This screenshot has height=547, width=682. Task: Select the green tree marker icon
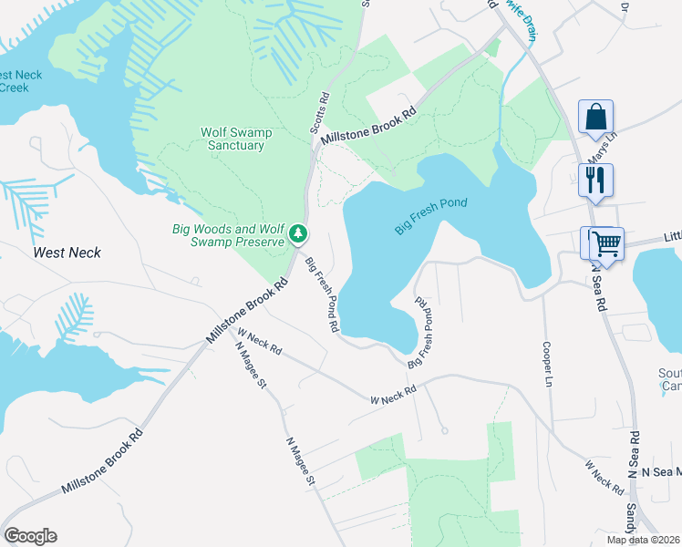coord(298,235)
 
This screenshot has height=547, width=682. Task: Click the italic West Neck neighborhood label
coord(67,253)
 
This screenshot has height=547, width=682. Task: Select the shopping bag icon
coord(595,118)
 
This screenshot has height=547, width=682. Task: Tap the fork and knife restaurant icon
coord(595,181)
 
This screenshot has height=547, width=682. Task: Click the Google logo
coord(30,536)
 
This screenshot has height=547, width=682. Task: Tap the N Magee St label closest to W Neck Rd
coord(248,365)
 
